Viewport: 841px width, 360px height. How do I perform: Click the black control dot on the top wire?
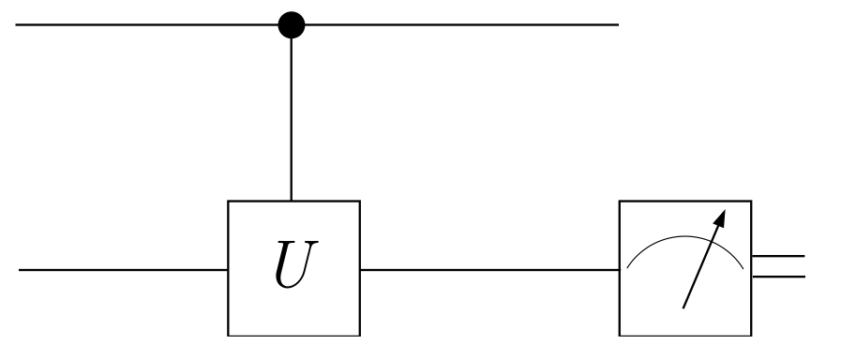click(293, 24)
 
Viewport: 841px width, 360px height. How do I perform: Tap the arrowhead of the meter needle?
click(722, 217)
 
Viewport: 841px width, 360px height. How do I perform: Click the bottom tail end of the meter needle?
click(683, 307)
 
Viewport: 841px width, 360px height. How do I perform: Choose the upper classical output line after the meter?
click(777, 256)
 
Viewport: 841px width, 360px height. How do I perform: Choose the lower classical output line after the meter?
click(777, 276)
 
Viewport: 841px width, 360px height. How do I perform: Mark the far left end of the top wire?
click(16, 24)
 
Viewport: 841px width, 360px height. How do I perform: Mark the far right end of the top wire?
click(618, 24)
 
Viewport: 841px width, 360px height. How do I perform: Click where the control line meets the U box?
click(293, 201)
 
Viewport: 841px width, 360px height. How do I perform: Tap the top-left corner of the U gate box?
click(229, 201)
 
